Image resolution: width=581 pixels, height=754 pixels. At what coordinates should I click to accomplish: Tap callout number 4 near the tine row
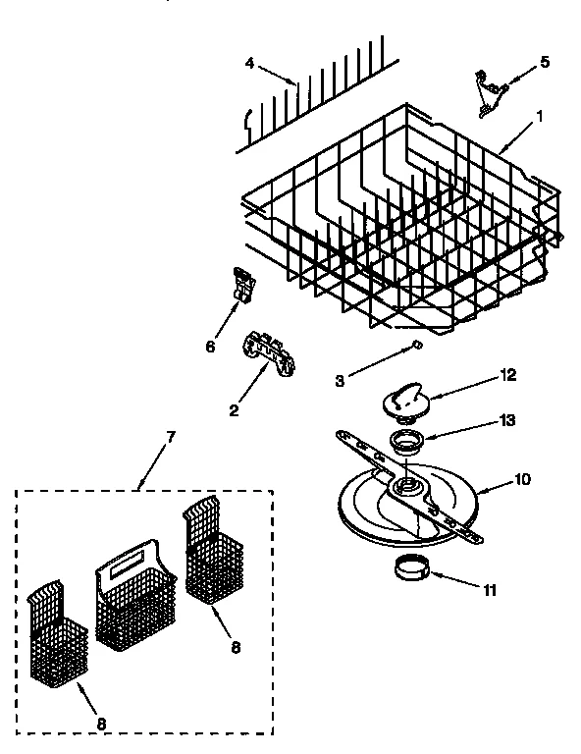tap(249, 65)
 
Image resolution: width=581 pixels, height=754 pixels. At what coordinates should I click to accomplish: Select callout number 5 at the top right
tap(545, 63)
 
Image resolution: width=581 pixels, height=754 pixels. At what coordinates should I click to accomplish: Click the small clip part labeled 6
tap(243, 284)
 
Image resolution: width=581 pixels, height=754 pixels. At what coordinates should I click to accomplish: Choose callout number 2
tap(234, 409)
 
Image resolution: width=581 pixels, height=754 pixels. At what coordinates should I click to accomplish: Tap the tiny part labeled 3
tap(415, 345)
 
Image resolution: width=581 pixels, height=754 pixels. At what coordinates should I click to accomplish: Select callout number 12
tap(508, 373)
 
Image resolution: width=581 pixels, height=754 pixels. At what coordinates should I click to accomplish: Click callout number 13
tap(508, 419)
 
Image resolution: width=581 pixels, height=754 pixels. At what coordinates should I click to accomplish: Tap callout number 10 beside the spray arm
tap(522, 480)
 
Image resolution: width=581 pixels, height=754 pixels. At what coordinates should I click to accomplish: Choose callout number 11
tap(490, 590)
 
